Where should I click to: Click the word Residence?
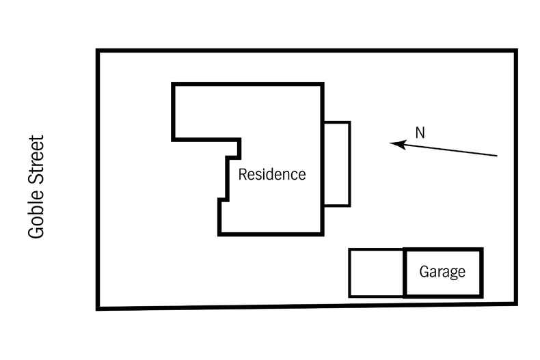pyautogui.click(x=271, y=175)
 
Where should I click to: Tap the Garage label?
pyautogui.click(x=442, y=272)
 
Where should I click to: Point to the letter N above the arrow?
pyautogui.click(x=420, y=133)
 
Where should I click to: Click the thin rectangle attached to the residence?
pyautogui.click(x=337, y=163)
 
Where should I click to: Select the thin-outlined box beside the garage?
pyautogui.click(x=377, y=273)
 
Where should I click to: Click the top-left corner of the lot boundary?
pyautogui.click(x=98, y=51)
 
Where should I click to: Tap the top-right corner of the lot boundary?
pyautogui.click(x=515, y=51)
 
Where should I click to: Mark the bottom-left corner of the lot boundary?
pyautogui.click(x=98, y=309)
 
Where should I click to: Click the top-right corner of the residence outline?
pyautogui.click(x=323, y=85)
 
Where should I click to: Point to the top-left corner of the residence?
pyautogui.click(x=173, y=85)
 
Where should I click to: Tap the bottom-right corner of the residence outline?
pyautogui.click(x=323, y=234)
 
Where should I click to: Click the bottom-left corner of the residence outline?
pyautogui.click(x=219, y=234)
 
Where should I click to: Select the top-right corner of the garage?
pyautogui.click(x=482, y=249)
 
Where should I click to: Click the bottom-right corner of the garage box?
pyautogui.click(x=482, y=296)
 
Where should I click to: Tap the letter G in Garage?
pyautogui.click(x=424, y=272)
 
